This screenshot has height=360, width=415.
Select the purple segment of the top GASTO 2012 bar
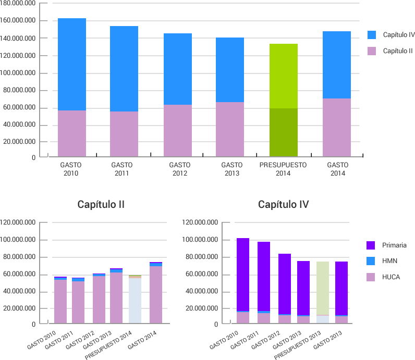[178, 130]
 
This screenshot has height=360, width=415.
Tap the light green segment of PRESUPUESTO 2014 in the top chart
[283, 76]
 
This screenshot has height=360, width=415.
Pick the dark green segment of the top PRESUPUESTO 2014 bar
[283, 132]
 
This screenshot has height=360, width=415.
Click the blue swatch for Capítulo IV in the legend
[372, 35]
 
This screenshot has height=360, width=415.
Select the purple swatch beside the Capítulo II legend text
[372, 51]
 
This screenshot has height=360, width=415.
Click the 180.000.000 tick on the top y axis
[18, 3]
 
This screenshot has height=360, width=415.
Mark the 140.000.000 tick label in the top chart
[18, 38]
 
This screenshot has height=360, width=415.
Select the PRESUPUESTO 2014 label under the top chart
[283, 169]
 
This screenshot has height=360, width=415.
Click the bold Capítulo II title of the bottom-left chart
[101, 204]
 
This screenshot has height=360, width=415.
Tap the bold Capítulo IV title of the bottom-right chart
[283, 204]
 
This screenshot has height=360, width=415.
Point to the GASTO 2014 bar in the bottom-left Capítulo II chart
[156, 295]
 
